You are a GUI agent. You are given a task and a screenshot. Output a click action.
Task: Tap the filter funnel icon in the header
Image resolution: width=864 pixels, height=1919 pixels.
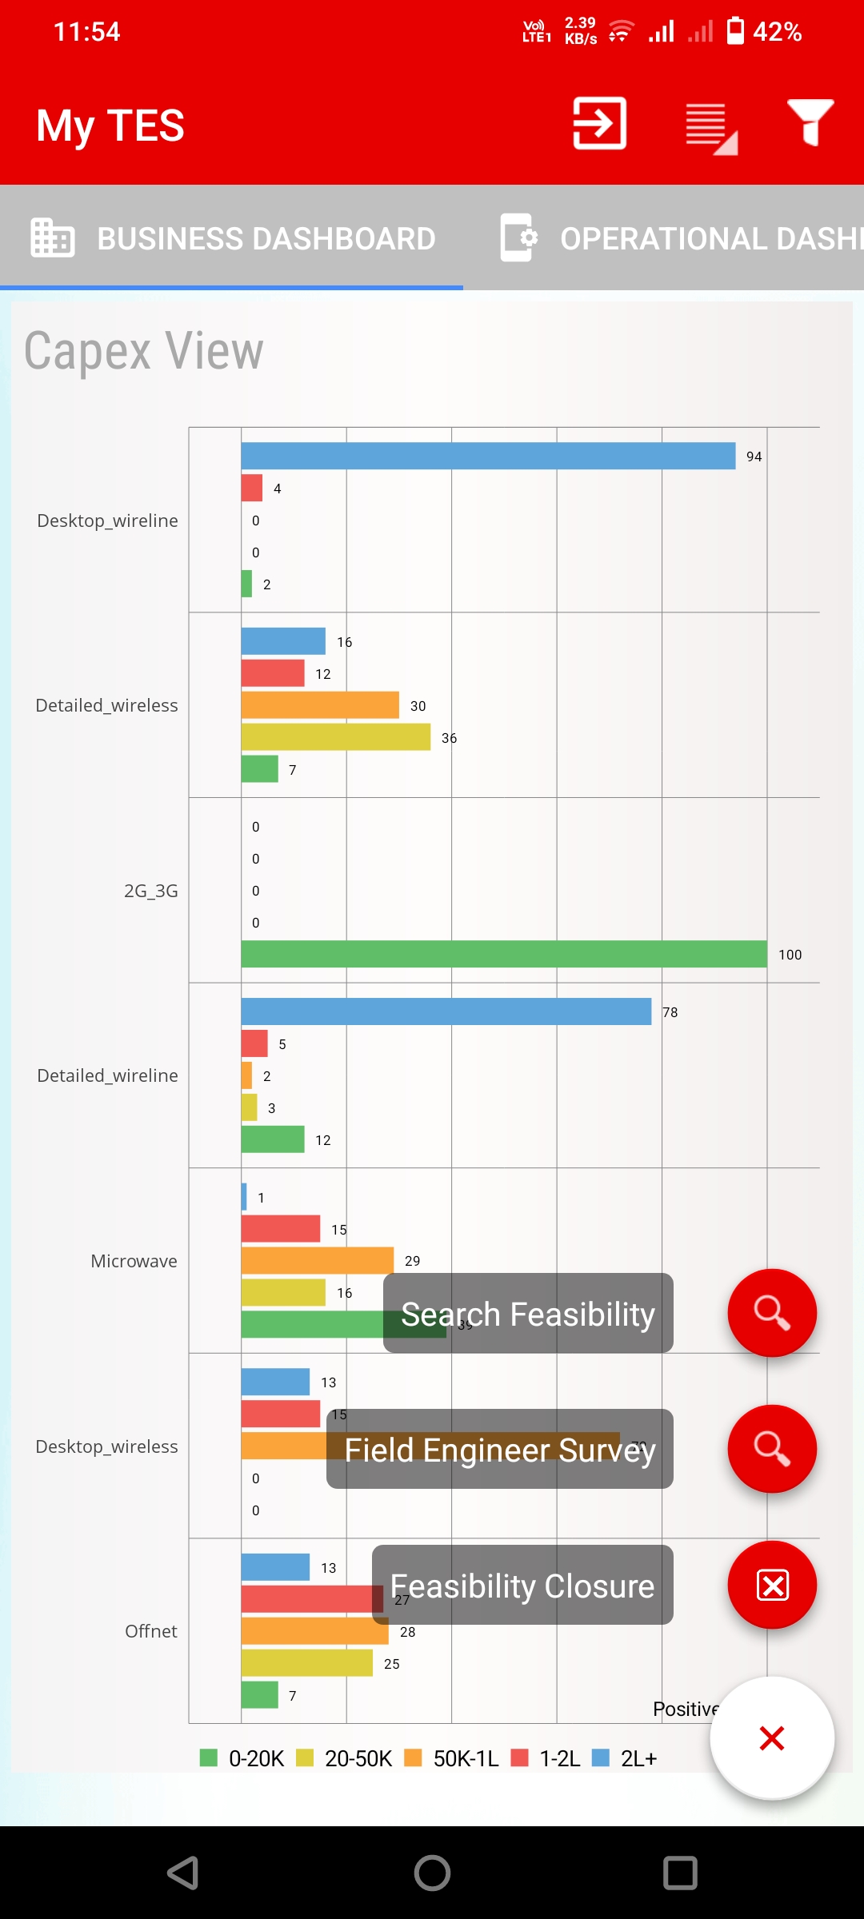pyautogui.click(x=810, y=123)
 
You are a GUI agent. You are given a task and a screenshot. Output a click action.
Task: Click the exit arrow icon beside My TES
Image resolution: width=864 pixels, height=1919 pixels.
pyautogui.click(x=599, y=123)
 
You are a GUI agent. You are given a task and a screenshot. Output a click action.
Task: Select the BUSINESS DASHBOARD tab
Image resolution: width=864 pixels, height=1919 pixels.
pyautogui.click(x=233, y=238)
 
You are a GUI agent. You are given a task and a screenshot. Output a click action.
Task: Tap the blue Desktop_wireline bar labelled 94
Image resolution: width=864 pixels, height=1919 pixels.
pyautogui.click(x=488, y=456)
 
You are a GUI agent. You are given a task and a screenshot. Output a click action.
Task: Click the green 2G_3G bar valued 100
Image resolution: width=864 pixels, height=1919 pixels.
pyautogui.click(x=504, y=954)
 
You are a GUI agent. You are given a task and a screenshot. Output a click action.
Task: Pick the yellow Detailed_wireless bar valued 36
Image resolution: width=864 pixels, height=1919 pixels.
pyautogui.click(x=336, y=737)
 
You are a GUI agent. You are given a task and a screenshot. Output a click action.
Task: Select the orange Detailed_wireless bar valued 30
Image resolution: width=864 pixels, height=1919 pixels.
pyautogui.click(x=320, y=705)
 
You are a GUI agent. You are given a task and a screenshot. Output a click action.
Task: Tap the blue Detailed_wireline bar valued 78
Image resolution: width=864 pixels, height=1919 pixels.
pyautogui.click(x=446, y=1011)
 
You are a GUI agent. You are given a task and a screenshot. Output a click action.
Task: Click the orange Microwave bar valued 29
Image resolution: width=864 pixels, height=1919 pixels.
pyautogui.click(x=318, y=1260)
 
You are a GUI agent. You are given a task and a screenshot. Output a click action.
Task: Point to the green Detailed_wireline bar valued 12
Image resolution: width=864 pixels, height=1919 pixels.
pyautogui.click(x=273, y=1139)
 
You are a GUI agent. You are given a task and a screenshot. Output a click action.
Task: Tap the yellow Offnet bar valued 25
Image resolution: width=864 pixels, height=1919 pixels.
pyautogui.click(x=307, y=1663)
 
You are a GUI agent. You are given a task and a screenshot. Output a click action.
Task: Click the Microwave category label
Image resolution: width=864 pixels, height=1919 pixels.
pyautogui.click(x=134, y=1261)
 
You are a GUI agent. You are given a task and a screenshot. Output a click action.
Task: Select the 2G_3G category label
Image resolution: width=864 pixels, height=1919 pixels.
pyautogui.click(x=150, y=891)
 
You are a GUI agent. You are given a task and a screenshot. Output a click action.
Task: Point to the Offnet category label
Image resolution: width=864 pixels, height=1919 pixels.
pyautogui.click(x=150, y=1631)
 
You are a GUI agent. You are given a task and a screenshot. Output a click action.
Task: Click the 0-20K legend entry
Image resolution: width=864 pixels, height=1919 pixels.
pyautogui.click(x=242, y=1758)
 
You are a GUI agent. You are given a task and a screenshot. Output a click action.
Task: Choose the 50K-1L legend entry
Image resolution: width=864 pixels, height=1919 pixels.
pyautogui.click(x=452, y=1758)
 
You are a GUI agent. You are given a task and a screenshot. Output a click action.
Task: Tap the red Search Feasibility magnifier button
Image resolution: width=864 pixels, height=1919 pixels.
pyautogui.click(x=772, y=1313)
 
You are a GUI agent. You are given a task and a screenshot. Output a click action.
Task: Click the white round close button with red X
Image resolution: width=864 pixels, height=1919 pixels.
pyautogui.click(x=772, y=1737)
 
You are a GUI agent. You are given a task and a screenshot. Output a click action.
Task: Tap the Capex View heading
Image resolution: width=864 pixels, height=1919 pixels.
pyautogui.click(x=144, y=351)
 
